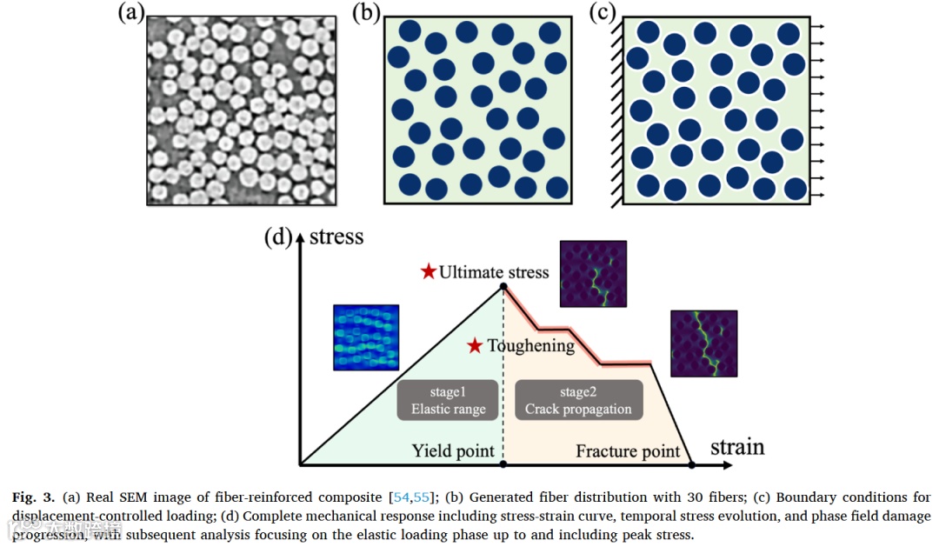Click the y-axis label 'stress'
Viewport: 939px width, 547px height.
336,237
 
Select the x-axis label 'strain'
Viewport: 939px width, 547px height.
737,447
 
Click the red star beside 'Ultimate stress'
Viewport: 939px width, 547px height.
428,271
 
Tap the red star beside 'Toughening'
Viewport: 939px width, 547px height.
475,345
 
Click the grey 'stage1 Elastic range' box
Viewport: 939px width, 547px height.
448,400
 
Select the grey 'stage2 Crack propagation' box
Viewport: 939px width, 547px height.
578,400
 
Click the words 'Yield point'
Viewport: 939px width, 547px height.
453,451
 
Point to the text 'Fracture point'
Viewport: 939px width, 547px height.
628,451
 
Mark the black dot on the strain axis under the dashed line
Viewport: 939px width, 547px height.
503,465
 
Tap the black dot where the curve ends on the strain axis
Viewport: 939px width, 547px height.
691,465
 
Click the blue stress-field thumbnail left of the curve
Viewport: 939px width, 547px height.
366,337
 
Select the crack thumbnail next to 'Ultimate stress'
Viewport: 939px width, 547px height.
593,274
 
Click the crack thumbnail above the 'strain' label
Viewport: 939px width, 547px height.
703,344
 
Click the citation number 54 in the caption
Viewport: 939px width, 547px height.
400,498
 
